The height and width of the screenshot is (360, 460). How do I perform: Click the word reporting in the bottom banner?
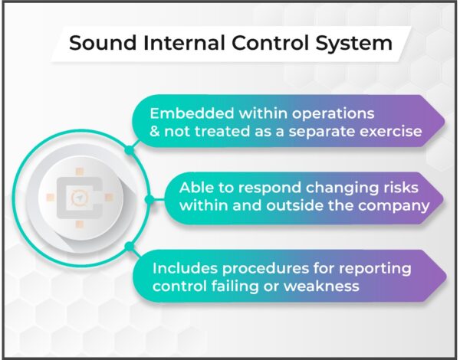pyautogui.click(x=373, y=269)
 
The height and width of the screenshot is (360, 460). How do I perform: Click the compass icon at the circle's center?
pyautogui.click(x=77, y=198)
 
